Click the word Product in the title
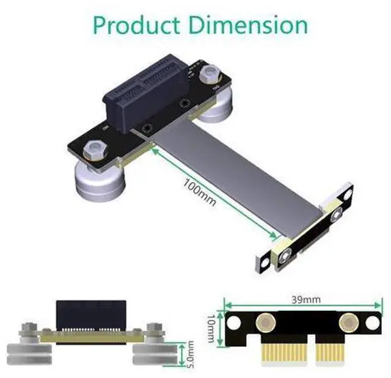click(x=137, y=26)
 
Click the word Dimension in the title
click(x=249, y=25)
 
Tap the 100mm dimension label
click(x=200, y=192)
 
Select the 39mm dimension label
click(x=305, y=299)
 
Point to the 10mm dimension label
click(x=211, y=328)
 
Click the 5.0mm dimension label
click(x=190, y=354)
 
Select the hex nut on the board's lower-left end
click(x=95, y=150)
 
